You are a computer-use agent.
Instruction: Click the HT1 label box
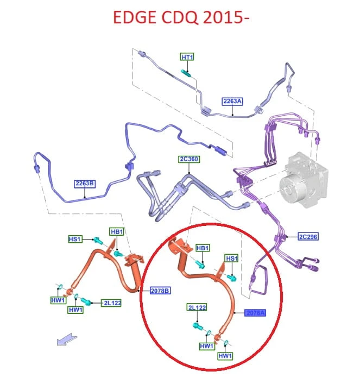coord(187,57)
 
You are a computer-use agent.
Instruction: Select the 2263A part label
coord(232,101)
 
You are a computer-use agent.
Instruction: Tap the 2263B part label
coord(85,184)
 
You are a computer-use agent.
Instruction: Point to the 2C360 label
coord(189,159)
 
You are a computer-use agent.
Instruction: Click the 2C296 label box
coord(308,237)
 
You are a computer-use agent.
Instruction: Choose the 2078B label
coord(160,291)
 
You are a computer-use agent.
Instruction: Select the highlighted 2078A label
coord(255,313)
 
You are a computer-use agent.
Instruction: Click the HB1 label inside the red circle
coord(203,248)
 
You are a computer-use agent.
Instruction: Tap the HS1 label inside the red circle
coord(231,259)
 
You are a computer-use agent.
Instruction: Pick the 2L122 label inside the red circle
coord(197,307)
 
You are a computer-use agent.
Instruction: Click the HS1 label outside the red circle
coord(75,239)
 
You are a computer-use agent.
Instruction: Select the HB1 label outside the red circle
coord(117,232)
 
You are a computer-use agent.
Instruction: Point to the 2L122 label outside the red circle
coord(112,303)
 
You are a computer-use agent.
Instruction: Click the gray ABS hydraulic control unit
coord(304,180)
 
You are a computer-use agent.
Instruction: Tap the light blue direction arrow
coord(67,339)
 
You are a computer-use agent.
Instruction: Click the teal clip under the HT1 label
coord(185,72)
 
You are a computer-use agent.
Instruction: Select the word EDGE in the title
coord(135,17)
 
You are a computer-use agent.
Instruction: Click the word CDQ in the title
coord(180,17)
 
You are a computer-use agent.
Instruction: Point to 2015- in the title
coord(226,17)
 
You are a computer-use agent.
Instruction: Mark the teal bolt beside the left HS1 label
coord(98,240)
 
